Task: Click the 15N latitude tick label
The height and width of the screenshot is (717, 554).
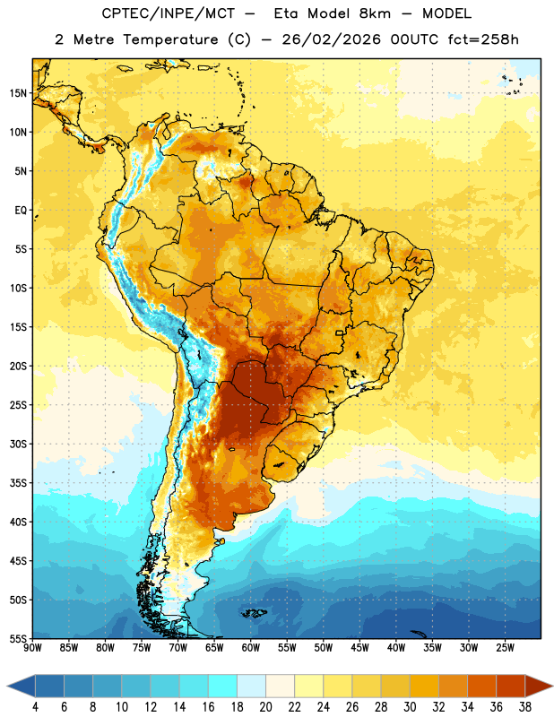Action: coord(18,93)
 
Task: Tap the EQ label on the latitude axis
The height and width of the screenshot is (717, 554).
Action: coord(21,211)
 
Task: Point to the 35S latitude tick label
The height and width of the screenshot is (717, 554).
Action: coord(18,483)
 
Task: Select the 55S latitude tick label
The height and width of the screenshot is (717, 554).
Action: coord(18,638)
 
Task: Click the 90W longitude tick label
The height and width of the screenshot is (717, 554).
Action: coord(32,648)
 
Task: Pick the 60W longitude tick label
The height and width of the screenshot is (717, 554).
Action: coord(251,648)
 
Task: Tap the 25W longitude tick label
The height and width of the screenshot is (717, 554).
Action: coord(505,648)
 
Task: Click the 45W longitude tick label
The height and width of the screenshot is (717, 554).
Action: coord(359,648)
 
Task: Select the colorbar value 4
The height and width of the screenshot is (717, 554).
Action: coord(35,707)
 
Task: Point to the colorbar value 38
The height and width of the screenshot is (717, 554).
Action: coord(524,707)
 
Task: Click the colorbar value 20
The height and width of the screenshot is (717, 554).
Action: coord(265,707)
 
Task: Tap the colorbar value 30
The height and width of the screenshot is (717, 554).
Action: coord(410,707)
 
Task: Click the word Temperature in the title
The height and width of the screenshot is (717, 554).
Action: coord(170,39)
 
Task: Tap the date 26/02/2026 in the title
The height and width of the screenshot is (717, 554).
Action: coord(331,39)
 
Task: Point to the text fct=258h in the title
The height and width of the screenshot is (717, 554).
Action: coord(483,39)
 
